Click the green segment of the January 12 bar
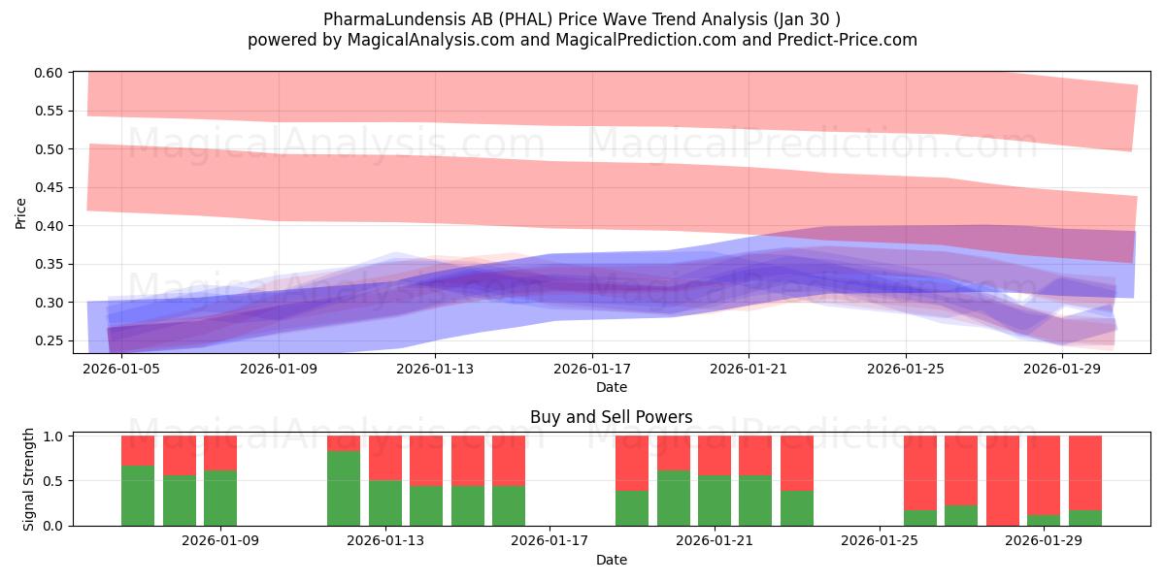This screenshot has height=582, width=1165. [x=344, y=488]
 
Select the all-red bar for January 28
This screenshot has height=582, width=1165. [x=1003, y=480]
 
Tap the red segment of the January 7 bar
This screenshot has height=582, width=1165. [x=138, y=450]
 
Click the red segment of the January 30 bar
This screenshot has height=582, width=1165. [x=1085, y=472]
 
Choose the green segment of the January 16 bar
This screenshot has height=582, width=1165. [x=509, y=505]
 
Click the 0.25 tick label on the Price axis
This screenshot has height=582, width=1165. [x=49, y=340]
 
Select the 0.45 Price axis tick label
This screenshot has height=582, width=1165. [x=49, y=187]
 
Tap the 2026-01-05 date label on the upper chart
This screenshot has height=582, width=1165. [x=121, y=369]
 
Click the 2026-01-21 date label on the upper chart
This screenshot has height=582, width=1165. [x=749, y=369]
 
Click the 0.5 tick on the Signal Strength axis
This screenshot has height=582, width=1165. [x=54, y=481]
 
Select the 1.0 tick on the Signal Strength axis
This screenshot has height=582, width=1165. [x=54, y=436]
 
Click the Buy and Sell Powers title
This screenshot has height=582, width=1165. [x=611, y=418]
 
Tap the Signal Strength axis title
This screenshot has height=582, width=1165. [x=29, y=479]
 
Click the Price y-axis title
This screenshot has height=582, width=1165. [x=21, y=213]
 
